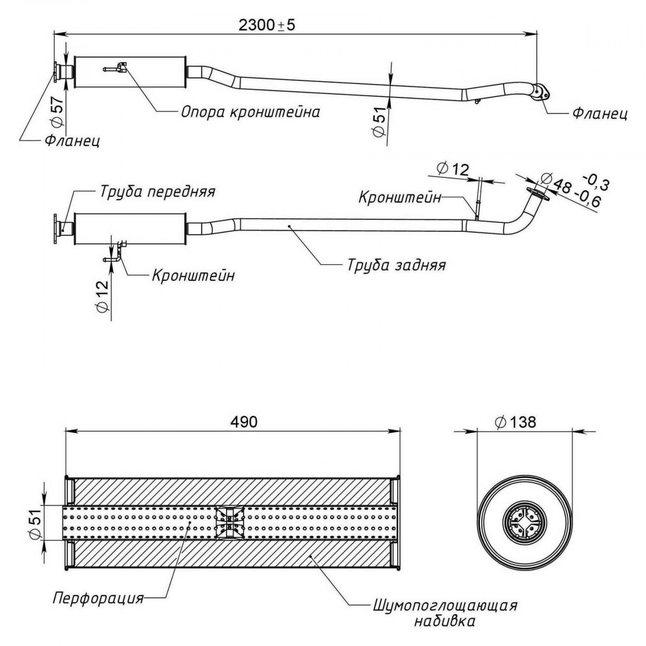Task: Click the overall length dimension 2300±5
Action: point(267,25)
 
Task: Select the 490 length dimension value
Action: point(244,421)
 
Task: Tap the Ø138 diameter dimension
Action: point(516,422)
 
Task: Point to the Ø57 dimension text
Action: point(58,111)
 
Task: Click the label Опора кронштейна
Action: point(251,112)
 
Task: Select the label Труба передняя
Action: point(158,192)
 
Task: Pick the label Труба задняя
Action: point(397,265)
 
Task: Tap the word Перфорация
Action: point(98,598)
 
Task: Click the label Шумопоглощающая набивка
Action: point(445,612)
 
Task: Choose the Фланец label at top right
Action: point(600,113)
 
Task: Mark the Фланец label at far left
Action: point(72,141)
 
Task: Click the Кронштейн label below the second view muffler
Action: point(193,275)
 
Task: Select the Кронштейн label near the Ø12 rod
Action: point(400,197)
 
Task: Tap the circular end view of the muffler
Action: point(524,524)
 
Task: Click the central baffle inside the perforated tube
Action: point(229,523)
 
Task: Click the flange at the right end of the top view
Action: point(541,92)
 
